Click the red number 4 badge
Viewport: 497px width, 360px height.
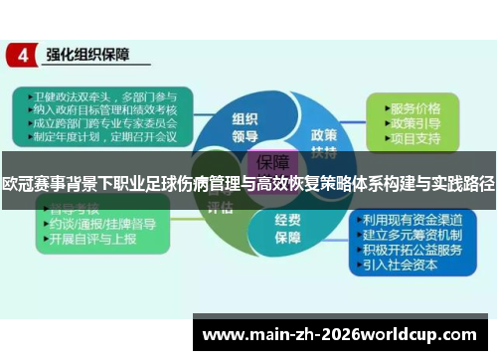tap(22, 56)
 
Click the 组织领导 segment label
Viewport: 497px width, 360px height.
tap(244, 117)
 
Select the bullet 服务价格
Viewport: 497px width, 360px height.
tap(414, 108)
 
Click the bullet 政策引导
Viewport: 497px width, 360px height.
tap(414, 122)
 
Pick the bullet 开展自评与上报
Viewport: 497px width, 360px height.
tap(94, 240)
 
